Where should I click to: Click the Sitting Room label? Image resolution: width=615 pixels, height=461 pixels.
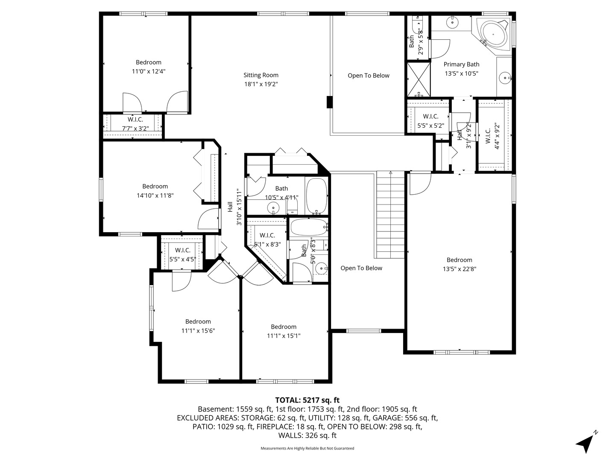(261, 75)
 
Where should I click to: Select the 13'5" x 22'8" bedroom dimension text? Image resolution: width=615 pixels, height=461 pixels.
(460, 269)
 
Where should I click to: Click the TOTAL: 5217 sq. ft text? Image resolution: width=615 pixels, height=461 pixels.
(307, 400)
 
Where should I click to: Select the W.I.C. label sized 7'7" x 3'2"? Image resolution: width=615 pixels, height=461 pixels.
(135, 120)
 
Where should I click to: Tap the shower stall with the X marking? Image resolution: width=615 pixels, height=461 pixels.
(418, 79)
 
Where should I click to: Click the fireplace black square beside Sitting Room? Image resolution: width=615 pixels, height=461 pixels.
(329, 102)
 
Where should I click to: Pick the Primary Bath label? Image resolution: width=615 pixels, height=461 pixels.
(461, 64)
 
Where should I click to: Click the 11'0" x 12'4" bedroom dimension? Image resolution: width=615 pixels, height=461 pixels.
(148, 71)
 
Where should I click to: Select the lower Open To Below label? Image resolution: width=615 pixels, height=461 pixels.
(361, 268)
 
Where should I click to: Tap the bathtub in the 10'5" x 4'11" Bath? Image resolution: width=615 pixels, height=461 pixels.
(316, 196)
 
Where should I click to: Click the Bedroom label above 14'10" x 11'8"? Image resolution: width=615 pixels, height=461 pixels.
(155, 186)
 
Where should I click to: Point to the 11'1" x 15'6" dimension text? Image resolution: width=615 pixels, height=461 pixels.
(198, 331)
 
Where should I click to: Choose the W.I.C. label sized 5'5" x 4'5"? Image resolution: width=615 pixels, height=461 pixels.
(182, 250)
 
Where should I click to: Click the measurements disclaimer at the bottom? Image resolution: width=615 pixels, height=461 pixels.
(307, 448)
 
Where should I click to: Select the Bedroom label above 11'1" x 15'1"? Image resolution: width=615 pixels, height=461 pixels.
(284, 327)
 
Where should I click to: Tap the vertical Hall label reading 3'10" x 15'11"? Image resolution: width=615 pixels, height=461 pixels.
(230, 207)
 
